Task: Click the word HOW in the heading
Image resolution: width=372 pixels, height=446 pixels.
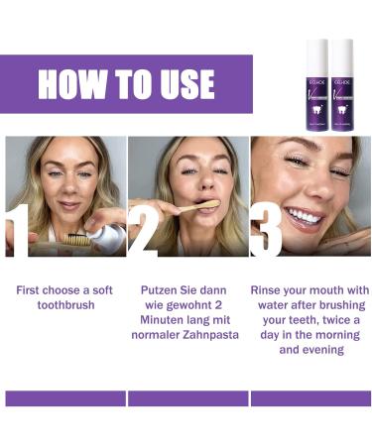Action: (x=70, y=85)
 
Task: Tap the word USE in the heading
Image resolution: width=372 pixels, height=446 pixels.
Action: (x=179, y=85)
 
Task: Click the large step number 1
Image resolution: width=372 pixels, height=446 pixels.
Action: (x=17, y=230)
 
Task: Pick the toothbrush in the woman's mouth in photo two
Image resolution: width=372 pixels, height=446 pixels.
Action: (x=203, y=205)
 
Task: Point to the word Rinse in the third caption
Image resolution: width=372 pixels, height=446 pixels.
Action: (x=273, y=290)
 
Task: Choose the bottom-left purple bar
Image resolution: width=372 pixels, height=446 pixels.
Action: (x=65, y=398)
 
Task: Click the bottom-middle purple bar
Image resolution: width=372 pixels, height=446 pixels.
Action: (x=187, y=398)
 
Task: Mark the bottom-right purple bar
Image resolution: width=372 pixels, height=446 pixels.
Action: (x=310, y=398)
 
